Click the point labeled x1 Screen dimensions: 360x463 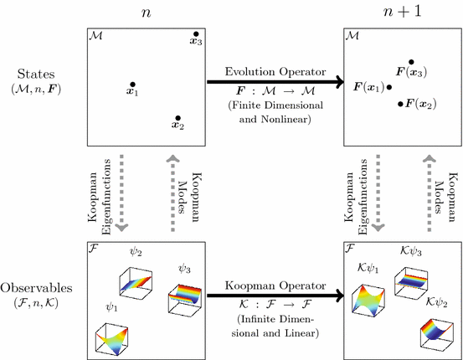tap(131, 85)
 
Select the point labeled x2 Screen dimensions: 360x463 tap(177, 118)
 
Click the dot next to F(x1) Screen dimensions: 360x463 tap(388, 86)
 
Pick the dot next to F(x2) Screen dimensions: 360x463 tap(401, 104)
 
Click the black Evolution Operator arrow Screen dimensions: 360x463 tap(276, 82)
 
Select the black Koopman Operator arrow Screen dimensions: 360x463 tap(276, 295)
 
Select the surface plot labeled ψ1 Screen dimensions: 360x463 tap(115, 336)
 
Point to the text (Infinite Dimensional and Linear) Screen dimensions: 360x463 tap(276, 327)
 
